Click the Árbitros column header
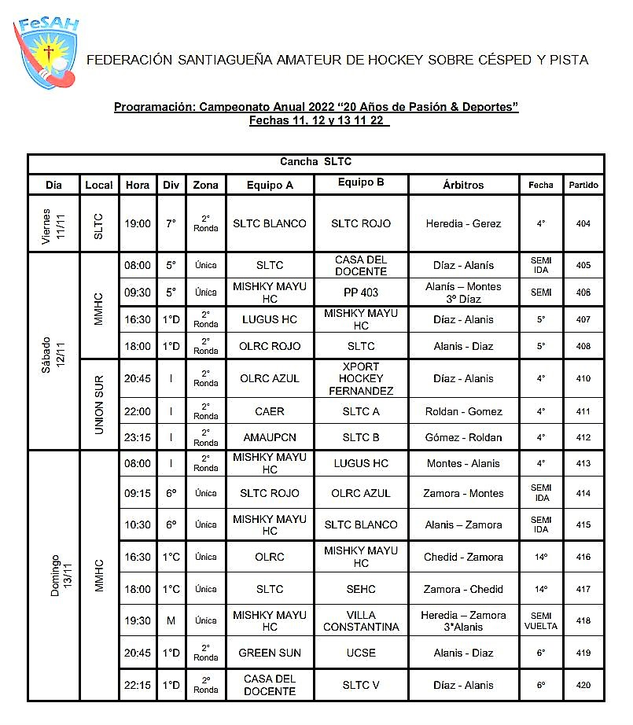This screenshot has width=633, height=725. coord(463,185)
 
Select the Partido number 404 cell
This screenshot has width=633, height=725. coord(583,223)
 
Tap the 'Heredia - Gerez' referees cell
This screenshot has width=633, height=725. coord(463,223)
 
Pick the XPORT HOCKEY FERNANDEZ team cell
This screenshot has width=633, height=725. coord(361,378)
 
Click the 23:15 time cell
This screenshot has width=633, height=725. coord(138,437)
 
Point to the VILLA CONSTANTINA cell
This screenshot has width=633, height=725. coord(361,620)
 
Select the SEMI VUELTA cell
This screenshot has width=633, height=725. coord(541,620)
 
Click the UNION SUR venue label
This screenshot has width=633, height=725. coord(99,404)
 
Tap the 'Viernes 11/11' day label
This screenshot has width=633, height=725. coord(53,223)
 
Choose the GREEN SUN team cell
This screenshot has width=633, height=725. coord(270,653)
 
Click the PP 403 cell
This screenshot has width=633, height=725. coord(361,292)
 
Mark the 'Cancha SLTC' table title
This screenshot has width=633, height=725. coord(316,162)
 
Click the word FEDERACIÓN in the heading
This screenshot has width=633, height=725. coord(129,59)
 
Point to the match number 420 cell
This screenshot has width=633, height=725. coord(583,685)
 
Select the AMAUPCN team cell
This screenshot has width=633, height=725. coord(270,437)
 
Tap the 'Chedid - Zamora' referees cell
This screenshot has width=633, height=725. coord(463,557)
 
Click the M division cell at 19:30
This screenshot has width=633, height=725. coord(171,620)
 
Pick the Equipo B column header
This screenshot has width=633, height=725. coord(361,183)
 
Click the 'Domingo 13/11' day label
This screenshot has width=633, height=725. coord(53,575)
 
